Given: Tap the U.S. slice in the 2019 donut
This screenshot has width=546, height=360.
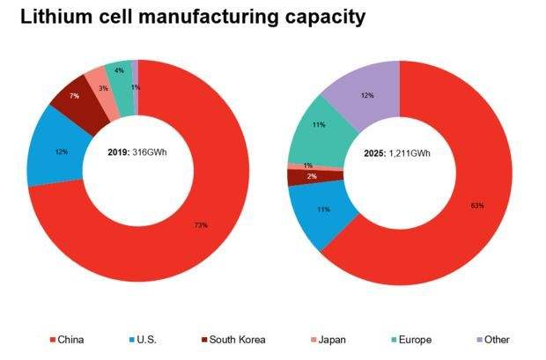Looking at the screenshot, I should tap(62, 151).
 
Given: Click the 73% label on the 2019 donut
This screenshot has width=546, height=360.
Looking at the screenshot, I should tap(201, 225).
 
